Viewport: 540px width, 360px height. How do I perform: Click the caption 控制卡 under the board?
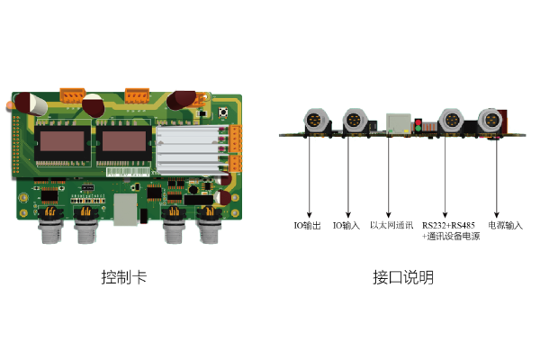coord(124,277)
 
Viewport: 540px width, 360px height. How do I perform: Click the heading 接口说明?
coord(403,277)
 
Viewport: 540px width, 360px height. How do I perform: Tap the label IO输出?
coord(307,226)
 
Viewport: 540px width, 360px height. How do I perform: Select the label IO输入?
coord(346,226)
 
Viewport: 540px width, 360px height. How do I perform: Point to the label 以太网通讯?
coord(391,225)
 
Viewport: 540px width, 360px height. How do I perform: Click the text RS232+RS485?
coord(448,225)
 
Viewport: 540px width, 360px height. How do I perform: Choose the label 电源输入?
coord(505,225)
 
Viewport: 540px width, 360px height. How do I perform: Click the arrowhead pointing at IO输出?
coord(310,215)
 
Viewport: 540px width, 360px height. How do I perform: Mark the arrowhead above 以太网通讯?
coord(389,215)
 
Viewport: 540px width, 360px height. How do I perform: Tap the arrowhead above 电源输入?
coord(497,215)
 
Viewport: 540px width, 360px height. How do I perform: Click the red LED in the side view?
coord(418,122)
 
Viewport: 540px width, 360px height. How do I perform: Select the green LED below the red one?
coord(418,129)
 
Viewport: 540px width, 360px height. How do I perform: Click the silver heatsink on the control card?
coord(189,150)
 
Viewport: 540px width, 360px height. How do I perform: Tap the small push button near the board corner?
coord(223,112)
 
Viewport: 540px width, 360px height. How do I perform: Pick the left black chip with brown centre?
coord(62,142)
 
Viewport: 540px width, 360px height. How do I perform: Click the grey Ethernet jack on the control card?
coord(125,210)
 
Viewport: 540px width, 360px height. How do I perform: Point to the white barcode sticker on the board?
coord(128,172)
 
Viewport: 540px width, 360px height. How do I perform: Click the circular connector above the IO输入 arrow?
coord(354,121)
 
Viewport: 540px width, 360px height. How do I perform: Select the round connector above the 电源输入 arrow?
coord(490,121)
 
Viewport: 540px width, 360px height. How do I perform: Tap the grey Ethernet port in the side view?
coord(399,123)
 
